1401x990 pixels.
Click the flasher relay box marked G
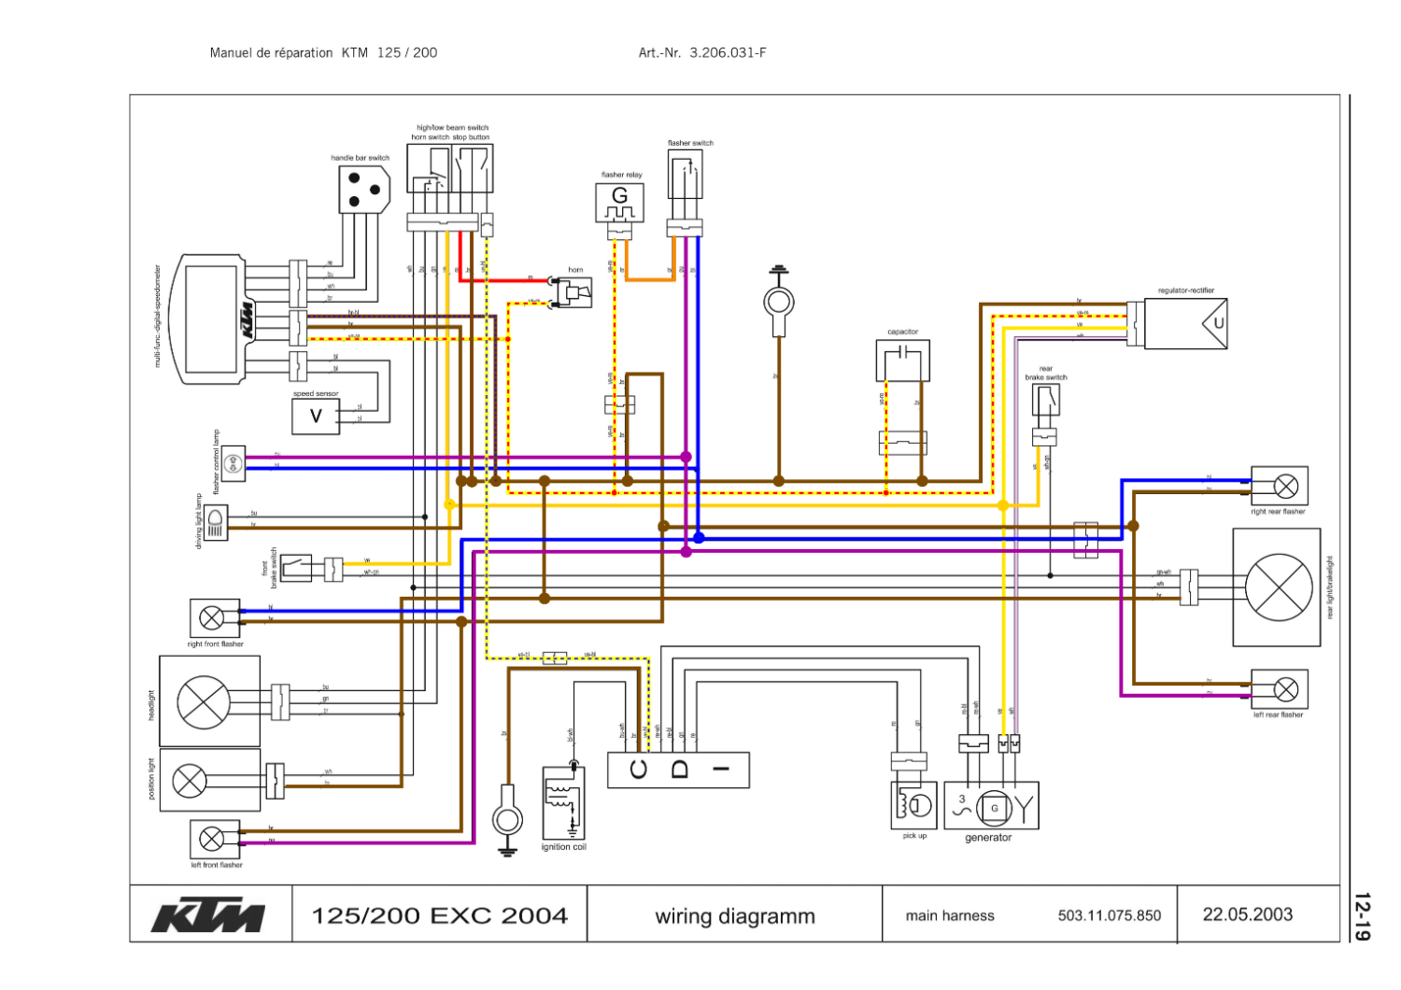(x=620, y=203)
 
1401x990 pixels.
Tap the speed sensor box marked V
(x=316, y=417)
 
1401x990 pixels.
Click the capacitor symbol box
(x=902, y=360)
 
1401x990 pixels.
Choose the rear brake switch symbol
(x=1046, y=401)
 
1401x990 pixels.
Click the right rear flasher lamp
(x=1286, y=486)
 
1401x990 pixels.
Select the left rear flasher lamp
(x=1286, y=690)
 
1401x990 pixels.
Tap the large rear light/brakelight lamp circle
(x=1278, y=587)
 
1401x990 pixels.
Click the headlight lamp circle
(x=204, y=701)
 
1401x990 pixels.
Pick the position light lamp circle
(x=190, y=780)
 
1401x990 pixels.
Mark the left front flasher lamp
(x=212, y=839)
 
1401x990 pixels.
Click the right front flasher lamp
(x=212, y=618)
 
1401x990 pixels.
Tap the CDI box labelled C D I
(x=678, y=770)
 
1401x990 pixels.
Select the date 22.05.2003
(x=1247, y=914)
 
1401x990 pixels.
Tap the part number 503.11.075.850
(x=1109, y=915)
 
